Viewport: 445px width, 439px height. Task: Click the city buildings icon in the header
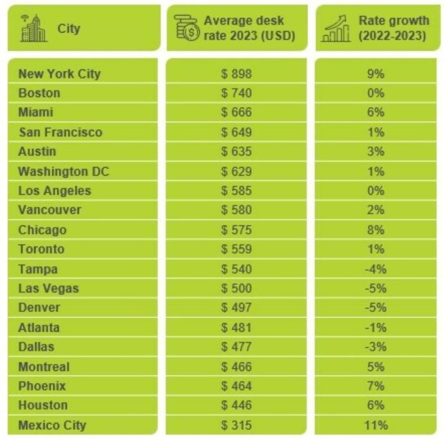(34, 28)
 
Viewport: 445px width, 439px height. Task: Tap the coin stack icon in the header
(187, 28)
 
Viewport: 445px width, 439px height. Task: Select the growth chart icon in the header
(336, 28)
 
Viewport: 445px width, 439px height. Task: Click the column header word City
(69, 29)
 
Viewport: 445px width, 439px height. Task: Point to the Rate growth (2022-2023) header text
(393, 28)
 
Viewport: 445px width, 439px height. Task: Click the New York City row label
(59, 74)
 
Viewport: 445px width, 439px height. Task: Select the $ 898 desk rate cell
(237, 74)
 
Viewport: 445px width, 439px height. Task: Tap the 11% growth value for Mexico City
(376, 425)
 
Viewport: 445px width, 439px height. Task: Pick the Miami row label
(36, 113)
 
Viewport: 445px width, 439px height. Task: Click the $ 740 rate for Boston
(237, 93)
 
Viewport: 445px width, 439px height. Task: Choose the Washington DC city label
(63, 171)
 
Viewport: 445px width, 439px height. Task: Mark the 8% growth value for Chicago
(376, 230)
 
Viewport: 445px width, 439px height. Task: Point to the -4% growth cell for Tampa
(376, 269)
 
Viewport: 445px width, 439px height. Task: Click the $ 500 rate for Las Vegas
(237, 289)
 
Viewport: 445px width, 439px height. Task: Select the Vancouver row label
(50, 210)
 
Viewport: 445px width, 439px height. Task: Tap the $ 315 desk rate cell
(237, 425)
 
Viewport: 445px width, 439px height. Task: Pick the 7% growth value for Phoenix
(376, 386)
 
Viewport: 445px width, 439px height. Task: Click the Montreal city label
(44, 366)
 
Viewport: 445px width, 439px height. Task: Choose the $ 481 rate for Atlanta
(237, 328)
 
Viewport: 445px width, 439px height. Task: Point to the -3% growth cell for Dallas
(376, 347)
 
